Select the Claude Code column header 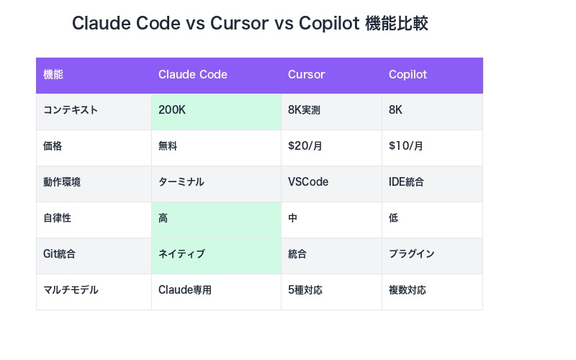pyautogui.click(x=192, y=75)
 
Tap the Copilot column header pyautogui.click(x=408, y=75)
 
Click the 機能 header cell pyautogui.click(x=53, y=75)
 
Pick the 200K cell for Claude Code pyautogui.click(x=173, y=111)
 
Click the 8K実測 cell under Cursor pyautogui.click(x=304, y=111)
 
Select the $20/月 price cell pyautogui.click(x=305, y=146)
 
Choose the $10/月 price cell pyautogui.click(x=406, y=146)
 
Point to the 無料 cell pyautogui.click(x=168, y=146)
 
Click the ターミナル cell pyautogui.click(x=181, y=182)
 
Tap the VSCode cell pyautogui.click(x=308, y=182)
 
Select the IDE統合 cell pyautogui.click(x=406, y=182)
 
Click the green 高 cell pyautogui.click(x=163, y=218)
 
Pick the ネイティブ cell pyautogui.click(x=181, y=254)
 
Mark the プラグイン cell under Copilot pyautogui.click(x=411, y=254)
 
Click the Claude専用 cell pyautogui.click(x=185, y=290)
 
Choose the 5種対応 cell pyautogui.click(x=305, y=290)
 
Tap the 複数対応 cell pyautogui.click(x=408, y=290)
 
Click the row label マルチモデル pyautogui.click(x=71, y=290)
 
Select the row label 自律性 pyautogui.click(x=57, y=218)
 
